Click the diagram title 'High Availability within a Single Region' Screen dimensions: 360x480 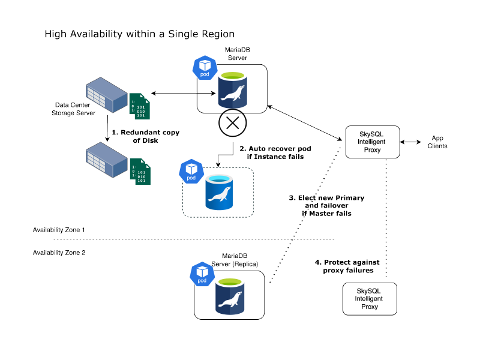tap(139, 34)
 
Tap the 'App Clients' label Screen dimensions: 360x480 tap(437, 142)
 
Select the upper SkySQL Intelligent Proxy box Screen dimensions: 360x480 tap(372, 142)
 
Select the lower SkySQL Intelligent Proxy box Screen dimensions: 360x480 tap(370, 298)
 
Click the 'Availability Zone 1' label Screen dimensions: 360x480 tap(59, 230)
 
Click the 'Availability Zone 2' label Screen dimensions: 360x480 tap(59, 253)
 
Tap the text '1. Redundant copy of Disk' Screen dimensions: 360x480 tap(148, 136)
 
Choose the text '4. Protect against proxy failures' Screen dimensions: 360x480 tap(344, 266)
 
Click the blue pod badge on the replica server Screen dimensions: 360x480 tap(202, 274)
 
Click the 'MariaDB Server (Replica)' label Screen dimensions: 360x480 tap(235, 260)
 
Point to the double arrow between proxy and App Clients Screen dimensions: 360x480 tap(412, 142)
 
